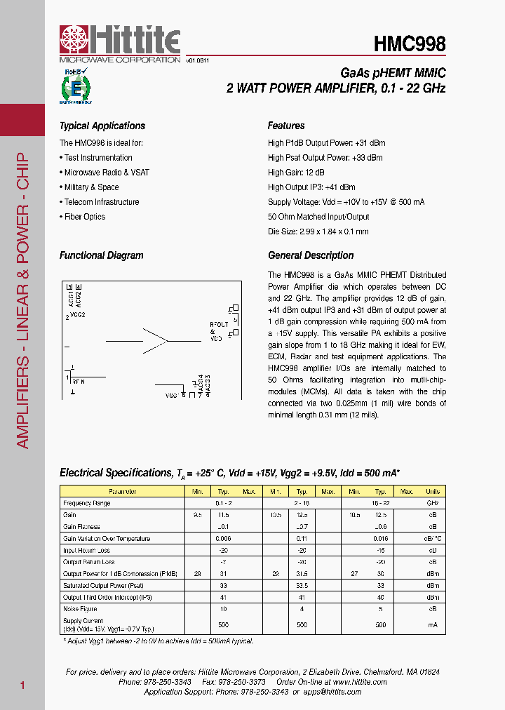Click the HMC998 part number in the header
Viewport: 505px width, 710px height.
[409, 44]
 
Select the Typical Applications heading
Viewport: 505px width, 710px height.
[102, 126]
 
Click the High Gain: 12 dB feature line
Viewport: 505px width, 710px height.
[296, 173]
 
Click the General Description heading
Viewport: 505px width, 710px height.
[311, 256]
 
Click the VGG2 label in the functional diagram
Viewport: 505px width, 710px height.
[77, 316]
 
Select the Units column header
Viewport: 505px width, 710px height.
[433, 492]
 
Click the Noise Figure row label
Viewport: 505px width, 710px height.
[80, 610]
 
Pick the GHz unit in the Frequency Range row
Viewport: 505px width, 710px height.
[433, 504]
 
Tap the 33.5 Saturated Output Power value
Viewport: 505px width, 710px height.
[302, 586]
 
